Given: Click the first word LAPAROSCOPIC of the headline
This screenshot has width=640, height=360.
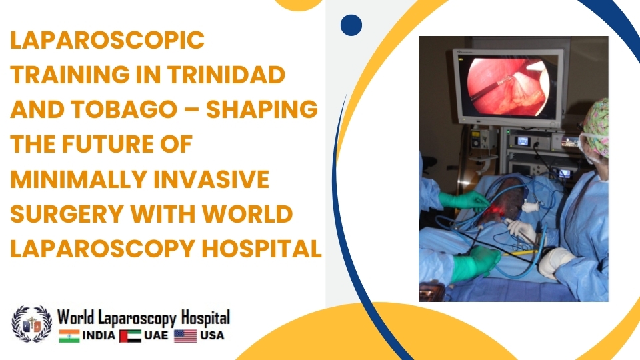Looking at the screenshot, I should pyautogui.click(x=107, y=41).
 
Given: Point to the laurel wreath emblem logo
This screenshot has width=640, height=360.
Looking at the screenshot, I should pyautogui.click(x=31, y=324).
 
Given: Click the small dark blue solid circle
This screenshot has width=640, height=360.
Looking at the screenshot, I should pyautogui.click(x=351, y=25).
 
